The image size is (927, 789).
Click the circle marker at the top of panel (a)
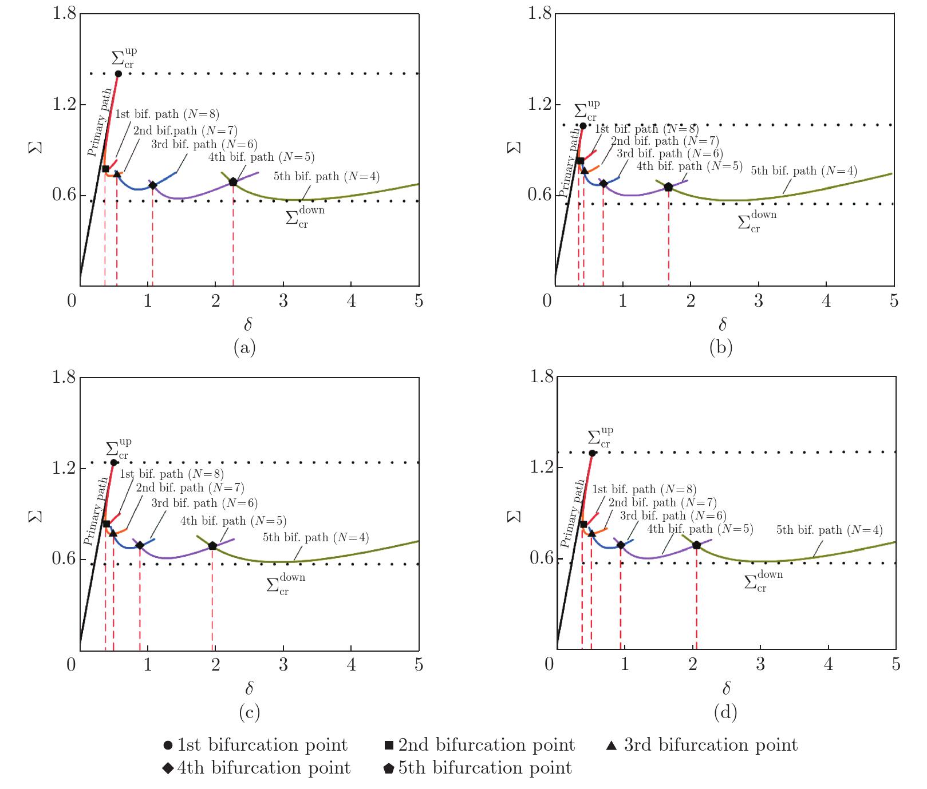click(119, 74)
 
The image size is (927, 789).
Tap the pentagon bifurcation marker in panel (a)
click(233, 182)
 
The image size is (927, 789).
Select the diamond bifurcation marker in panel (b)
click(603, 184)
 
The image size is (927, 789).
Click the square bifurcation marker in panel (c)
click(106, 524)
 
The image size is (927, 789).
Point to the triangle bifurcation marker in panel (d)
click(591, 533)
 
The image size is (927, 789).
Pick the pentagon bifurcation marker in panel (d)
click(696, 545)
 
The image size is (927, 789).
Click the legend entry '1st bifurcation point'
click(255, 745)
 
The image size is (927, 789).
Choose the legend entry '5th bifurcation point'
click(478, 768)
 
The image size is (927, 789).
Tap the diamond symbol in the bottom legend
click(168, 768)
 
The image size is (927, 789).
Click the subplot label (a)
click(244, 347)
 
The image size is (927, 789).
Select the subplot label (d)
click(725, 712)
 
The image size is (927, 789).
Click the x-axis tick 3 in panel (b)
click(758, 301)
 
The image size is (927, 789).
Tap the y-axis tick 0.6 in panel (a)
click(64, 195)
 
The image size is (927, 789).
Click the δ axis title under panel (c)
click(248, 688)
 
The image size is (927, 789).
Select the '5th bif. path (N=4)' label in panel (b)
click(804, 171)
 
